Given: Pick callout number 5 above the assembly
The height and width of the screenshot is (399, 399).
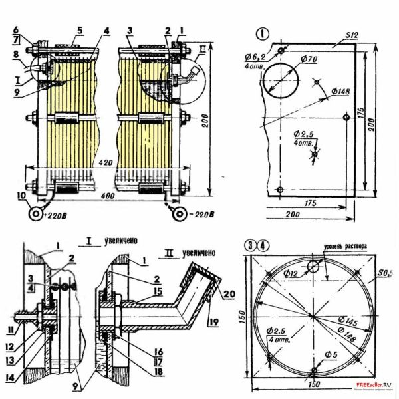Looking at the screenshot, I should (x=78, y=30).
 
